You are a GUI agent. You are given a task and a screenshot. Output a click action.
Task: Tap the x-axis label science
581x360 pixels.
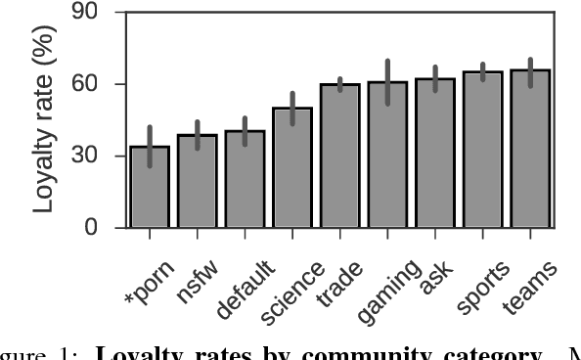click(293, 292)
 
